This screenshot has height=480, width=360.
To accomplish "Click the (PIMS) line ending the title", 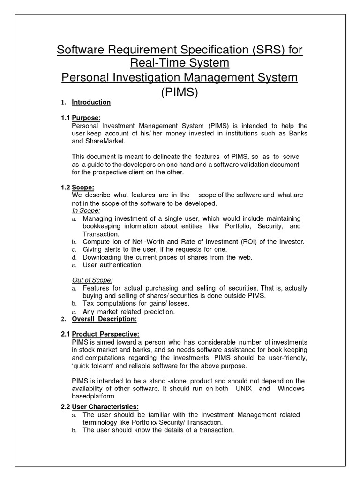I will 180,92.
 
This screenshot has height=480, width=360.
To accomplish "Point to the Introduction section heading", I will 91,102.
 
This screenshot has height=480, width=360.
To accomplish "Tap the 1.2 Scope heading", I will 83,187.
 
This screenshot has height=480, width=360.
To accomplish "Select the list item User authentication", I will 112,265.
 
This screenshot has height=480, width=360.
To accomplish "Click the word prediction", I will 158,311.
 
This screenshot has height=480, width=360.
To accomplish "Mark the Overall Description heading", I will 104,319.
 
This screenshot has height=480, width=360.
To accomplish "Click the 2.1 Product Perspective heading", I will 105,334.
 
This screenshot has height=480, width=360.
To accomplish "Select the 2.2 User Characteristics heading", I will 105,406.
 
